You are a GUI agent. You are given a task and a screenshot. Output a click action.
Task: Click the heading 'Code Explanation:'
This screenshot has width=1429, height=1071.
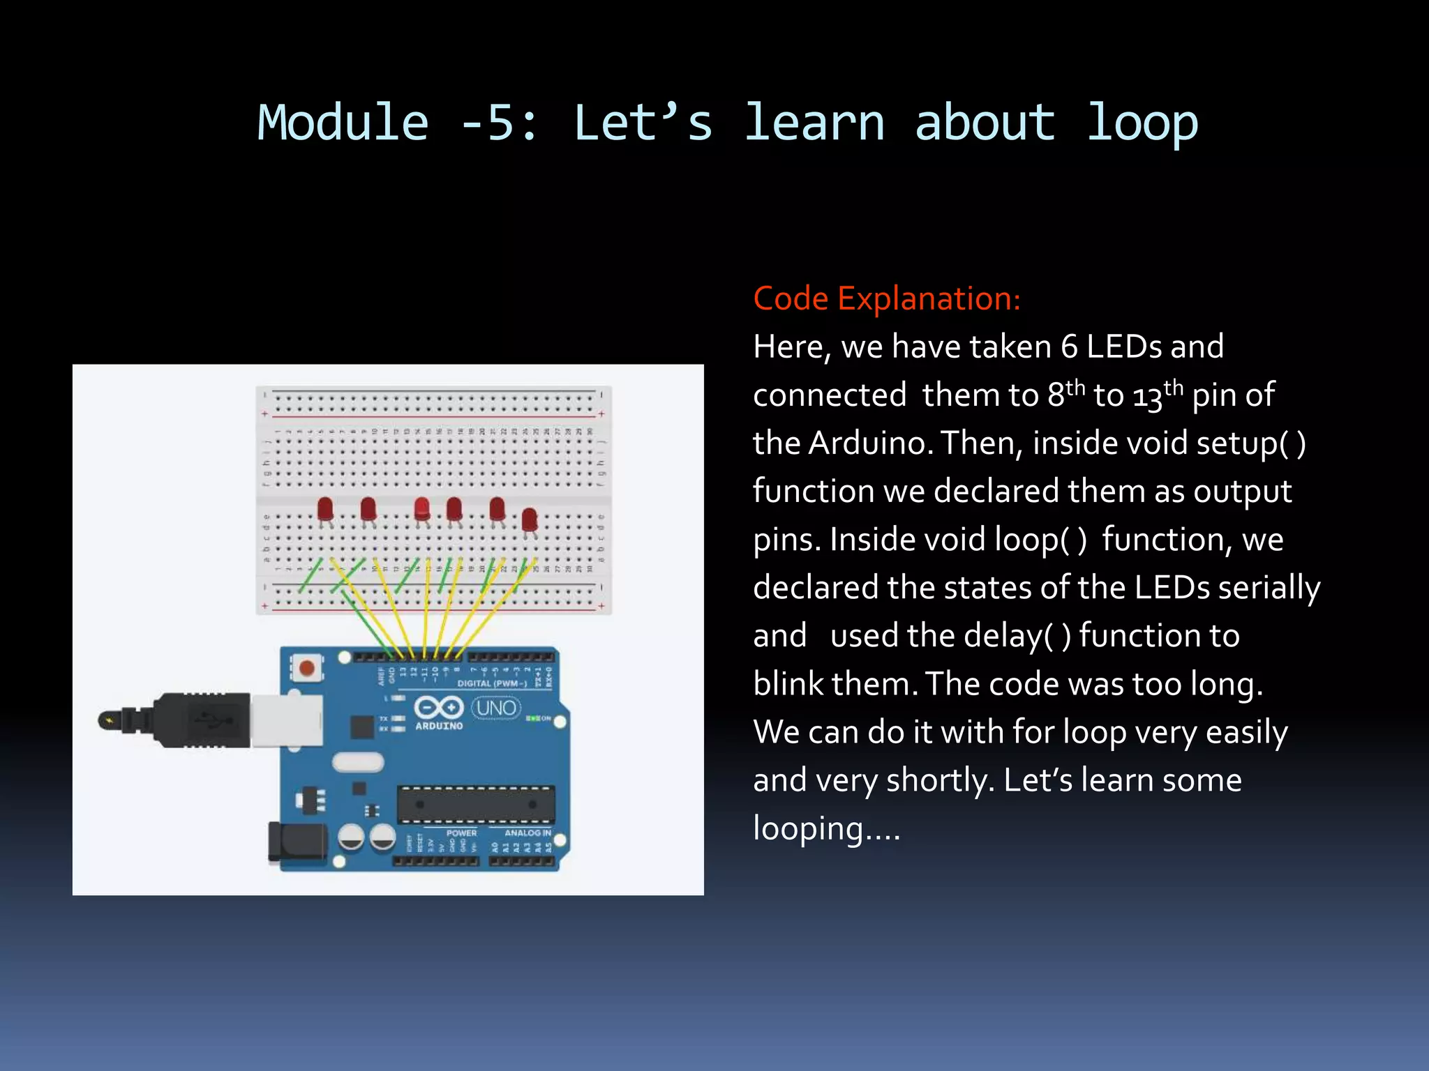(x=886, y=298)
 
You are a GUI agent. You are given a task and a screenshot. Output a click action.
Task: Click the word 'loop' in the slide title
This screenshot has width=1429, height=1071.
(x=1142, y=123)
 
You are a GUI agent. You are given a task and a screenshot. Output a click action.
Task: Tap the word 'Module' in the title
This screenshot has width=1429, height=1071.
(x=343, y=123)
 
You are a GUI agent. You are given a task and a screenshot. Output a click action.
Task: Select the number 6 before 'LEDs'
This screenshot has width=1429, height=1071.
(x=1069, y=347)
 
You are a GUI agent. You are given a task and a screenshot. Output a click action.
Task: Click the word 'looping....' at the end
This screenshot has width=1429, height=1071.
(x=826, y=828)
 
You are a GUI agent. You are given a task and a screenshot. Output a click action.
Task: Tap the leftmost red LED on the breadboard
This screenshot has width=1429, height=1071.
(x=325, y=509)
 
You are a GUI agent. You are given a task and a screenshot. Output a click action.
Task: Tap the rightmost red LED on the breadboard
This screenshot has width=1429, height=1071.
(x=530, y=520)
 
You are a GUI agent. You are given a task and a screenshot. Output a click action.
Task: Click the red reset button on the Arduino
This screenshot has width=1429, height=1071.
(x=306, y=668)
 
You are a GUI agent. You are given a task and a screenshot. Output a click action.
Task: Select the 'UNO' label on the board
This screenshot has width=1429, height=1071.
(x=496, y=708)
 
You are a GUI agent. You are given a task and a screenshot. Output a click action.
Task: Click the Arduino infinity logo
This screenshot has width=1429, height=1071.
(x=438, y=708)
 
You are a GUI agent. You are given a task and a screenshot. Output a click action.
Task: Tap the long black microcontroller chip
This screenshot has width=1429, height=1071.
(x=476, y=804)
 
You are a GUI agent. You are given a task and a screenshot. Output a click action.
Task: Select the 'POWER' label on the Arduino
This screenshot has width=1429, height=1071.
(x=461, y=833)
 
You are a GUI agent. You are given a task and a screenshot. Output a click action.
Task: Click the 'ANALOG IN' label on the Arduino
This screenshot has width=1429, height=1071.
(x=527, y=833)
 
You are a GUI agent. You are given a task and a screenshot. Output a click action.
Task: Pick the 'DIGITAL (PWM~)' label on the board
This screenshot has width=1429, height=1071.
(x=492, y=683)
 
